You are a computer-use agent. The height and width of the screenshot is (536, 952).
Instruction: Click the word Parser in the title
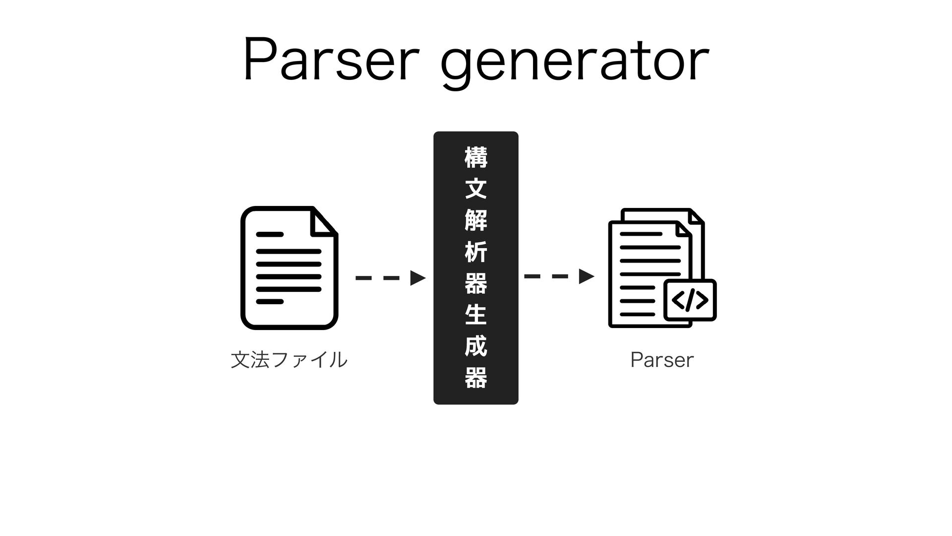(x=327, y=63)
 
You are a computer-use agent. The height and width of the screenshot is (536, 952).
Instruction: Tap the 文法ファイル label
(x=289, y=360)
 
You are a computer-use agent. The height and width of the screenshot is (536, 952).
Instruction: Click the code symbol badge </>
(x=690, y=300)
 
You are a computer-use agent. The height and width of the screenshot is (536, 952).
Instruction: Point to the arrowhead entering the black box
(x=417, y=278)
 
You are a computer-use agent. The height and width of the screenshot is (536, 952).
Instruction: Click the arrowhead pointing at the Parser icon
(x=586, y=276)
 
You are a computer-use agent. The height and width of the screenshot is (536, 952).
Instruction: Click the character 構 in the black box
(x=476, y=157)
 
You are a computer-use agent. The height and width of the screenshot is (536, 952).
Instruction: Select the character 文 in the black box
(x=476, y=189)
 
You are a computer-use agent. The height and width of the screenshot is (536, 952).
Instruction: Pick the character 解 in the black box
(x=476, y=220)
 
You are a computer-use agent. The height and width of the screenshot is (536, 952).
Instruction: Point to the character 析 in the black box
(x=476, y=252)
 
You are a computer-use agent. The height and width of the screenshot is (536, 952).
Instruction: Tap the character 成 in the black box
(x=476, y=346)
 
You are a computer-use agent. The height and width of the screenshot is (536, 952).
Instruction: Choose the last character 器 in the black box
(x=476, y=378)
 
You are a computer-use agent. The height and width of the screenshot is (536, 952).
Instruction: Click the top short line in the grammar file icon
(x=270, y=234)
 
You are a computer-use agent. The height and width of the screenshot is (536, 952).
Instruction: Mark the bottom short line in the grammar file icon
(x=270, y=302)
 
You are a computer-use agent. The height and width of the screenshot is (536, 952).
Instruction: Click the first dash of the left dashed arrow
(x=363, y=278)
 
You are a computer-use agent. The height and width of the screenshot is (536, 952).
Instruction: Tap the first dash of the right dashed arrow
(x=532, y=276)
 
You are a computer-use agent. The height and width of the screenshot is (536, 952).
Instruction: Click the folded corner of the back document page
(x=696, y=217)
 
